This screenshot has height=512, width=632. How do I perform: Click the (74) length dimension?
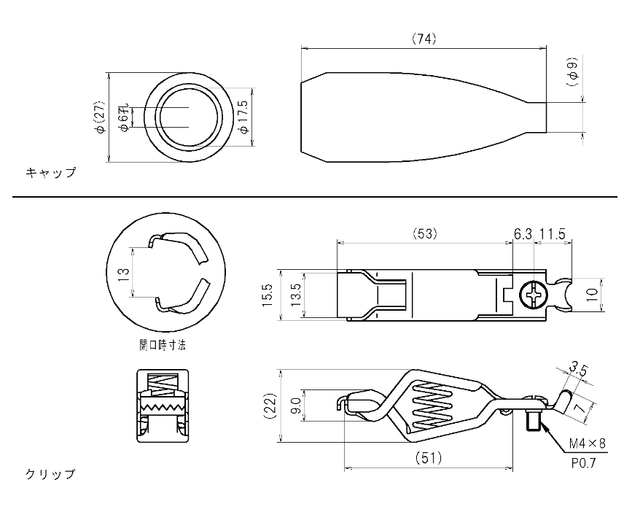click(x=424, y=39)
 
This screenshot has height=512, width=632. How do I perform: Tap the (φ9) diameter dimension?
click(x=572, y=71)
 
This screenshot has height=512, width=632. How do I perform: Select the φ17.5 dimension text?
click(x=244, y=116)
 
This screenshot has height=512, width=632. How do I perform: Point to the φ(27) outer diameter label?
click(x=101, y=117)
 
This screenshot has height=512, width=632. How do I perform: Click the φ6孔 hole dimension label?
click(x=124, y=117)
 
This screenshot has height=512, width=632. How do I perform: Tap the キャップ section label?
click(x=51, y=173)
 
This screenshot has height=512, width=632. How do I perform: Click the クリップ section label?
click(x=51, y=474)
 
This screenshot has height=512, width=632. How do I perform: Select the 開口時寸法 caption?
click(x=163, y=345)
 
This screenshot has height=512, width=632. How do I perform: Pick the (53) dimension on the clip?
click(x=424, y=234)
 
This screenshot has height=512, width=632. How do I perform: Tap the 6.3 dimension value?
click(x=523, y=234)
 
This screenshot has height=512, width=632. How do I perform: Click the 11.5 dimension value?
click(x=553, y=234)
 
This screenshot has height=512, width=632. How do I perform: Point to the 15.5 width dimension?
click(x=268, y=295)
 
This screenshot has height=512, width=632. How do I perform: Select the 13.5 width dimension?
click(x=296, y=295)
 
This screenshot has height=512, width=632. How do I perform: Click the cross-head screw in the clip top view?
click(x=534, y=295)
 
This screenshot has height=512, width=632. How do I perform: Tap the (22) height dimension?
click(x=270, y=406)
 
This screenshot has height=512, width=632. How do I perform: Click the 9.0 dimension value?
click(x=296, y=406)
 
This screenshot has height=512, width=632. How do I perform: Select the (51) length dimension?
click(x=429, y=457)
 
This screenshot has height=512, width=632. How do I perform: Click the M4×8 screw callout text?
click(x=587, y=444)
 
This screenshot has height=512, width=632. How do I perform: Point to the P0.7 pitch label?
click(x=583, y=463)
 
